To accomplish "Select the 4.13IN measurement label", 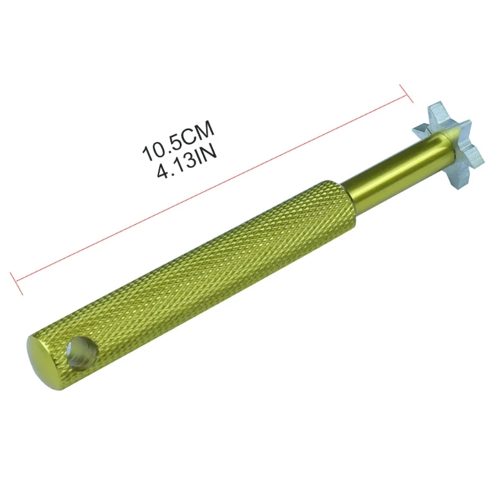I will tap(187, 154).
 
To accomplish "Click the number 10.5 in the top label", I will tap(162, 138).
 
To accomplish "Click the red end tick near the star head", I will tap(407, 92).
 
